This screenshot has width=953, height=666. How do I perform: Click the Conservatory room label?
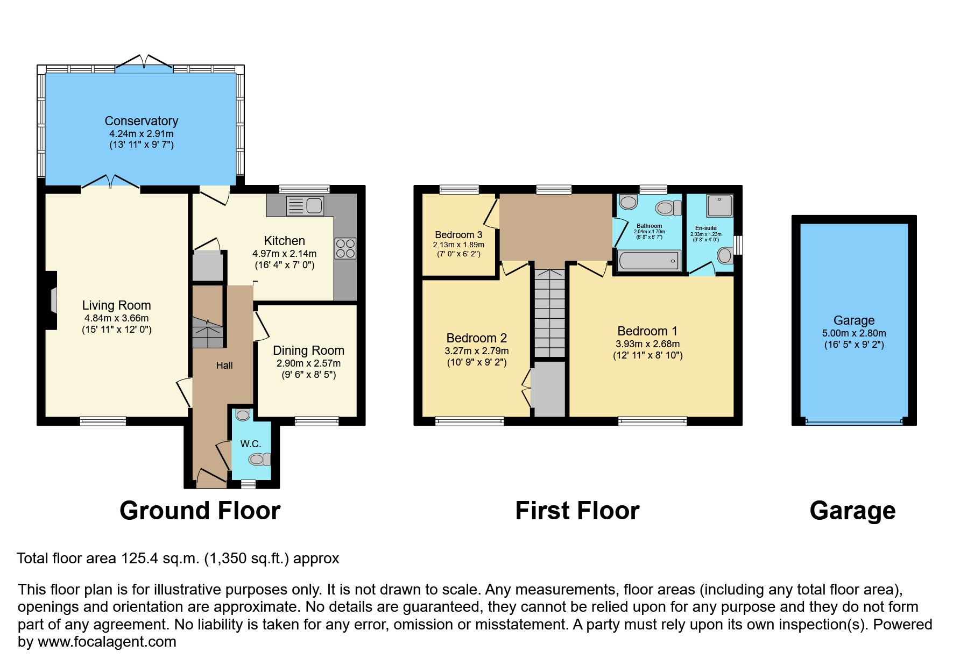(141, 121)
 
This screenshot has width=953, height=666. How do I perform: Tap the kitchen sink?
(305, 205)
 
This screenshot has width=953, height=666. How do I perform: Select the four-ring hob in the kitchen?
(345, 248)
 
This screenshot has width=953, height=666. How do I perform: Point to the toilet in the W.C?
(259, 460)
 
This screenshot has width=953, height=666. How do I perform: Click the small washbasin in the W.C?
(243, 415)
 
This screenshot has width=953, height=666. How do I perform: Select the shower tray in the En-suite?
(719, 205)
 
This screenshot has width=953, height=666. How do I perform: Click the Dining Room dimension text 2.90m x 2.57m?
(308, 363)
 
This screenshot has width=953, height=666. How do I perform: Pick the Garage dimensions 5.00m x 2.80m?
(853, 333)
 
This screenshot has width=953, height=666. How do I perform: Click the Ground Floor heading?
(200, 511)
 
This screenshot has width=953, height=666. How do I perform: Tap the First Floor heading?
(577, 511)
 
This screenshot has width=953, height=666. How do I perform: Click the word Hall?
(224, 366)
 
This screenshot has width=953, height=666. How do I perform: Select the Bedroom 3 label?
(458, 235)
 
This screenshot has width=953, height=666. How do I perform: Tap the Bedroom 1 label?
(647, 331)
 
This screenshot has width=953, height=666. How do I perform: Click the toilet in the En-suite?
(724, 255)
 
